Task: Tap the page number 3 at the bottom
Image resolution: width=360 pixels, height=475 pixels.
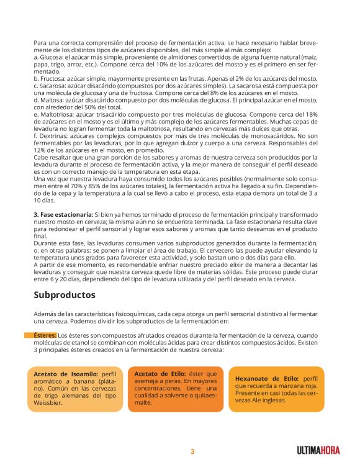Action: coord(192,451)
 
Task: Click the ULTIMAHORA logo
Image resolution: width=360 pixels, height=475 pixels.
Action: coord(318,450)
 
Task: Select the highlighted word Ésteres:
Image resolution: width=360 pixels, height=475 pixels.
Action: coord(45,336)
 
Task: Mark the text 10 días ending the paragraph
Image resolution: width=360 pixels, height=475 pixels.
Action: coord(45,201)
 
